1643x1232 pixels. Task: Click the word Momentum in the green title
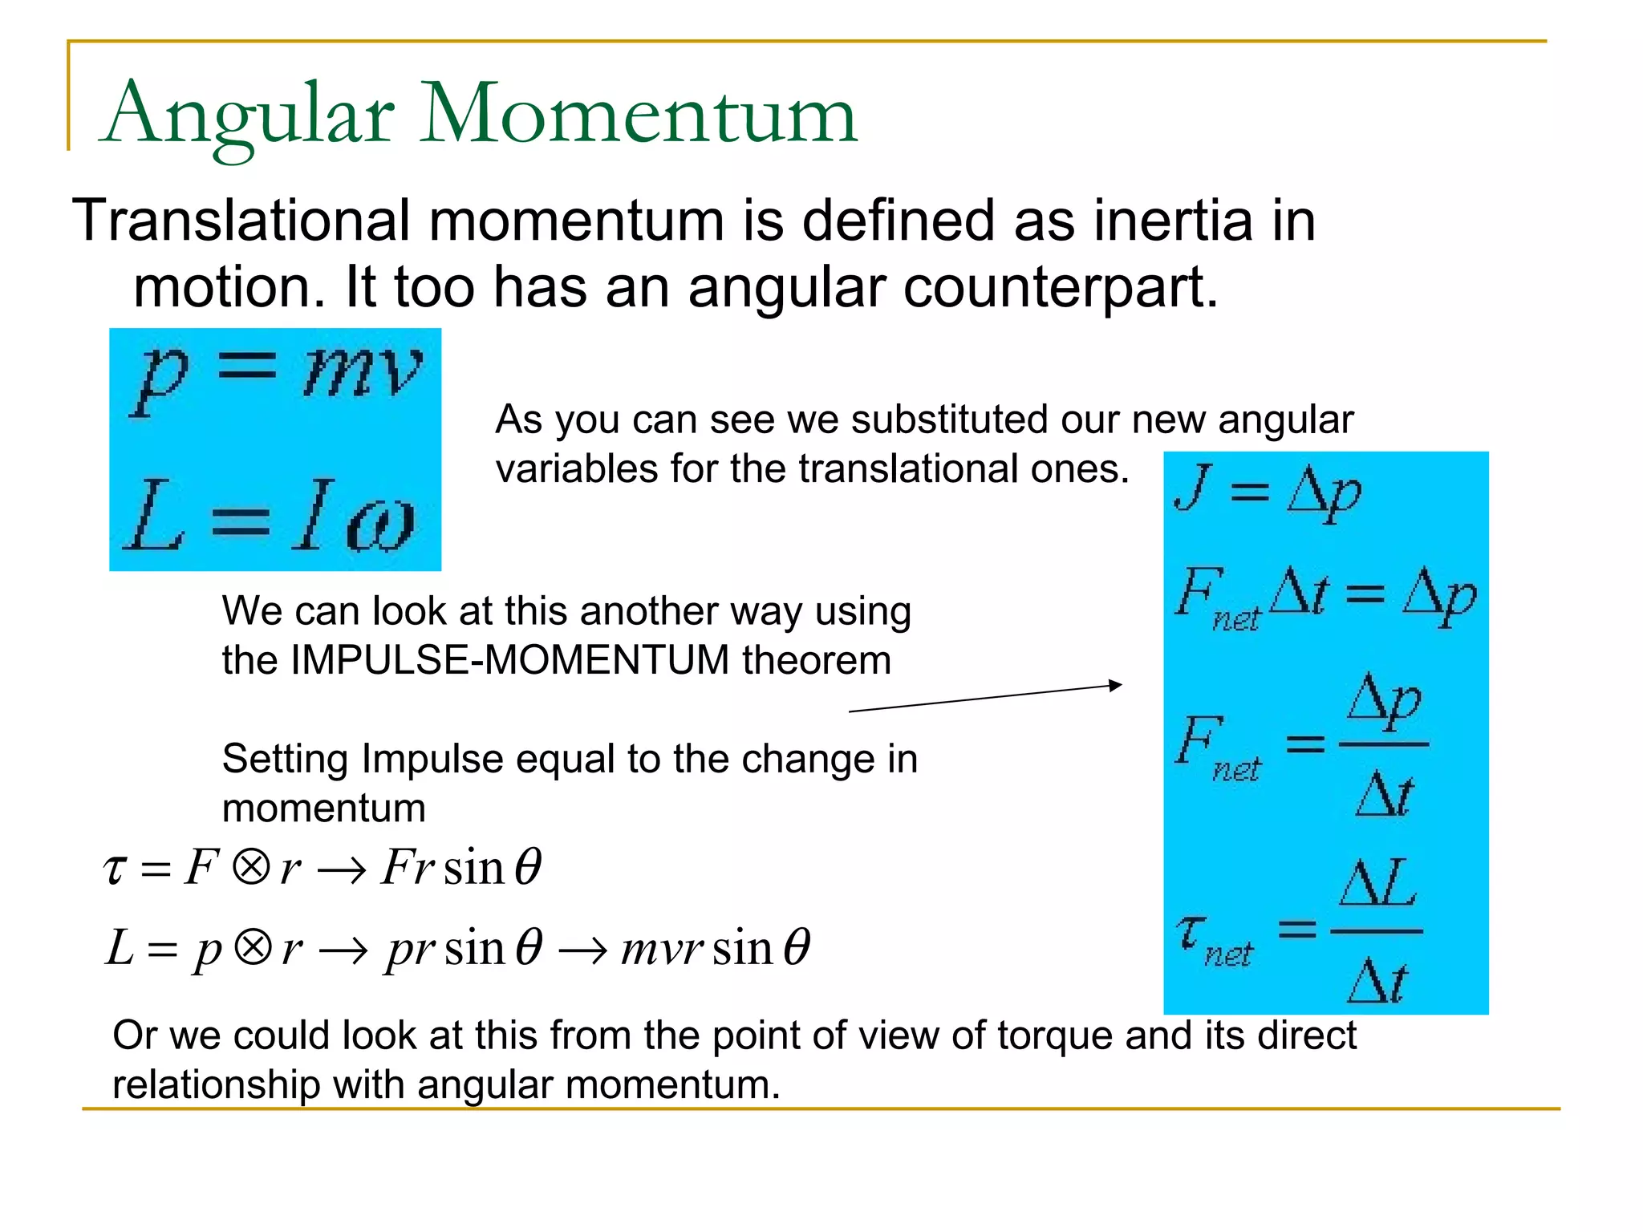point(638,114)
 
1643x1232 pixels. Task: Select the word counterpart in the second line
point(1060,287)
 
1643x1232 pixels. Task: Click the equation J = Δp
point(1268,491)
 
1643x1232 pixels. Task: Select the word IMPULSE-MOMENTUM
point(510,661)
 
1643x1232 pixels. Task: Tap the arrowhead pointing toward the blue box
point(1115,685)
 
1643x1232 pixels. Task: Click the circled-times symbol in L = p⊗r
point(252,947)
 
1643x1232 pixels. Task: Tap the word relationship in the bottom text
point(216,1085)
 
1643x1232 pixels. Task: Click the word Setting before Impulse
point(285,760)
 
